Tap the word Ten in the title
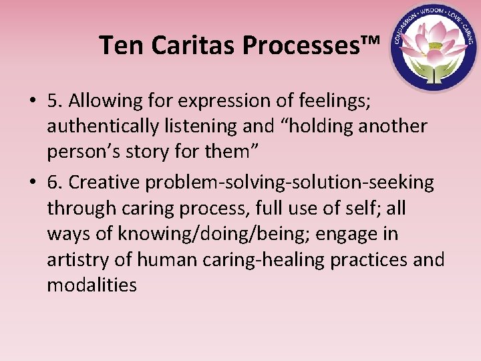click(x=123, y=45)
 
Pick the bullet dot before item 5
click(x=31, y=101)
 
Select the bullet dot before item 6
click(x=31, y=183)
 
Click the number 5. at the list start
click(x=55, y=101)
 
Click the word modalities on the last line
click(x=92, y=285)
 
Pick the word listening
click(x=205, y=126)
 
